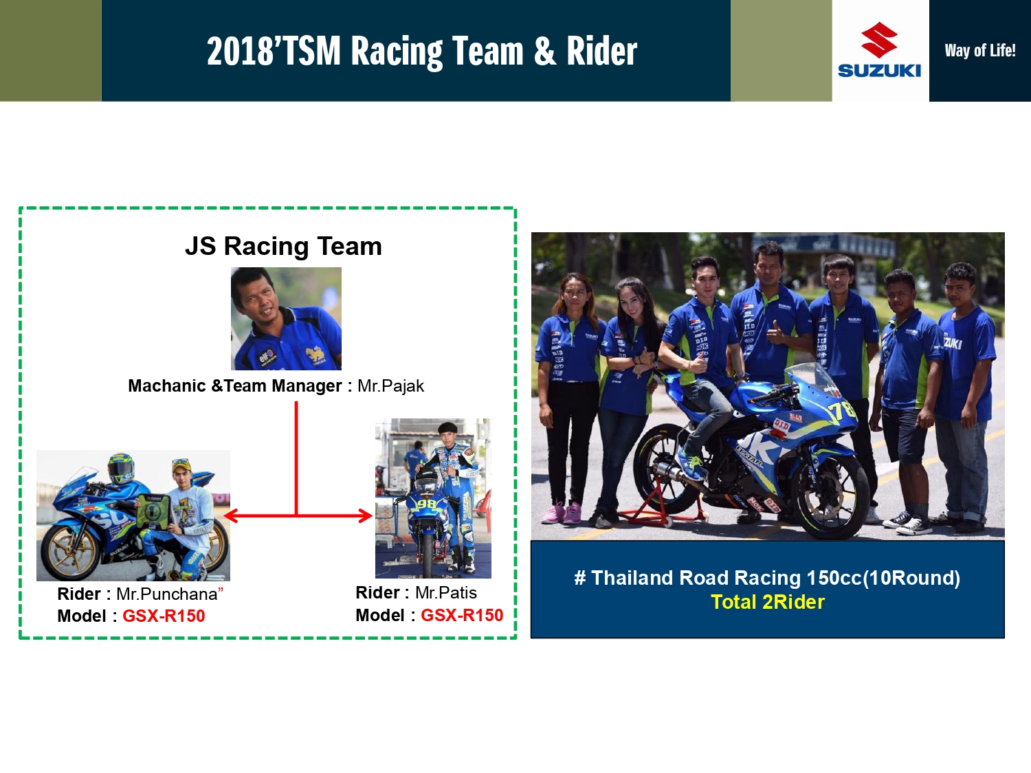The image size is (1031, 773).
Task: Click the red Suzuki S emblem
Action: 879,40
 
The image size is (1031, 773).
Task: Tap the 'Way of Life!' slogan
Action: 980,51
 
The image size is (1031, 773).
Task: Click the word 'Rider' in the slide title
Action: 601,51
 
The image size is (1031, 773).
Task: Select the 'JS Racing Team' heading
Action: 283,246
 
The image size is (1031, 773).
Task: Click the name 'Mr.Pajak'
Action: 390,385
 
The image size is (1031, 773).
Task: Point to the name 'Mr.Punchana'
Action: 167,594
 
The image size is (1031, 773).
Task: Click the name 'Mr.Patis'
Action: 446,593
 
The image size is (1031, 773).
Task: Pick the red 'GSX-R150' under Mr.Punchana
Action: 164,616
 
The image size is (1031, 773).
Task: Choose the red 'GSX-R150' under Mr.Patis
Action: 462,615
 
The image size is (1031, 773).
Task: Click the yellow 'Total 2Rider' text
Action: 768,602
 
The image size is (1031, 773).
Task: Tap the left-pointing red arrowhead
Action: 230,516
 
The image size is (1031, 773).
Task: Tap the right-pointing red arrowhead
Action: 366,516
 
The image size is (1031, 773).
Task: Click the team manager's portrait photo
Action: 286,319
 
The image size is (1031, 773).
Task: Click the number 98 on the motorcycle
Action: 428,504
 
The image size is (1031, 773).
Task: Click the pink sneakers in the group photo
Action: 562,513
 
